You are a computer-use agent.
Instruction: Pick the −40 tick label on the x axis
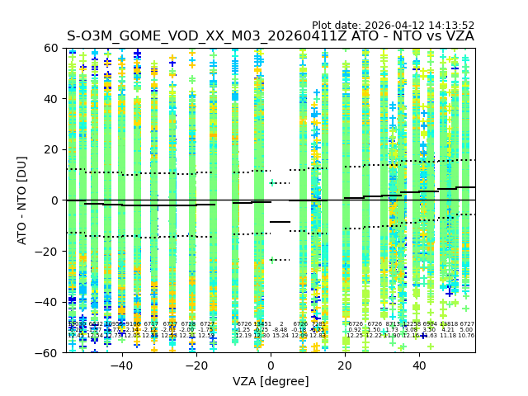click(x=121, y=365)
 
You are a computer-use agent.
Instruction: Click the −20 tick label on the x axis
click(x=196, y=365)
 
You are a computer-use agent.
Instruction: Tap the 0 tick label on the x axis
click(x=271, y=365)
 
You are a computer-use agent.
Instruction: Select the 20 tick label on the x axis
click(x=345, y=365)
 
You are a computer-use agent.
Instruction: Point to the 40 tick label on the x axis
click(x=419, y=365)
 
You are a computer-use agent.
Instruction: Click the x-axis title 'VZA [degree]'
click(x=271, y=381)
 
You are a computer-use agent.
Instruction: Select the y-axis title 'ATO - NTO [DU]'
click(x=22, y=200)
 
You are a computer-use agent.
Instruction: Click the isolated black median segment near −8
click(x=280, y=222)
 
